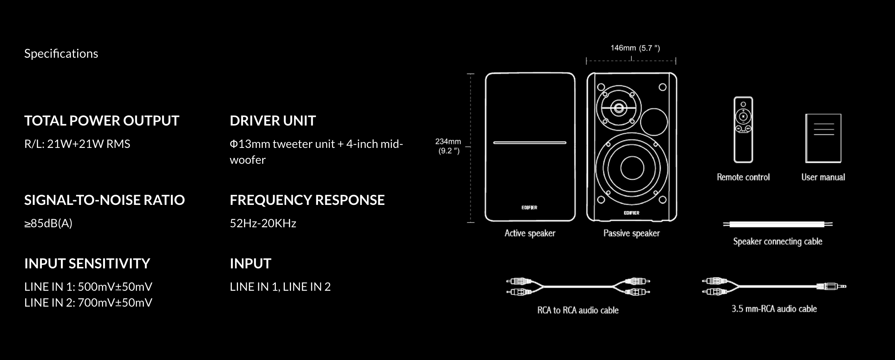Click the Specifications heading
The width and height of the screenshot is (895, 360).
(x=61, y=53)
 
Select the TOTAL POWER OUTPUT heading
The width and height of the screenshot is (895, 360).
(x=101, y=120)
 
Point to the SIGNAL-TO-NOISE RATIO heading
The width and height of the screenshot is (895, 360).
(x=104, y=200)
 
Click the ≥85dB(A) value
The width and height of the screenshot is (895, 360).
(x=48, y=223)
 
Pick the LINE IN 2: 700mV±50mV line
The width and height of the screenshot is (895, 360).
(x=88, y=302)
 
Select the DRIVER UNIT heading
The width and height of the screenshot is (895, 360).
(x=273, y=120)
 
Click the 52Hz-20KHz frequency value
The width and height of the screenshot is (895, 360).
(x=263, y=223)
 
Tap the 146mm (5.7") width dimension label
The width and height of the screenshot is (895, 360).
(x=635, y=48)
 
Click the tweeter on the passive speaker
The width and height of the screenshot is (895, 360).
(x=618, y=107)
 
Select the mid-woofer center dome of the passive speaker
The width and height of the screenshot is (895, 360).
(x=632, y=168)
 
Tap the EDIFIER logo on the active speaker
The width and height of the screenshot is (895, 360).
(x=529, y=207)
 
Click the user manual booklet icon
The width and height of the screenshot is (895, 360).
(x=823, y=138)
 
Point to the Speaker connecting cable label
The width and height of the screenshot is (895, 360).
(x=777, y=241)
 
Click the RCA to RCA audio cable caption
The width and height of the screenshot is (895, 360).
(x=578, y=310)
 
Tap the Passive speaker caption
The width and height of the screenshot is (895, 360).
(x=631, y=233)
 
